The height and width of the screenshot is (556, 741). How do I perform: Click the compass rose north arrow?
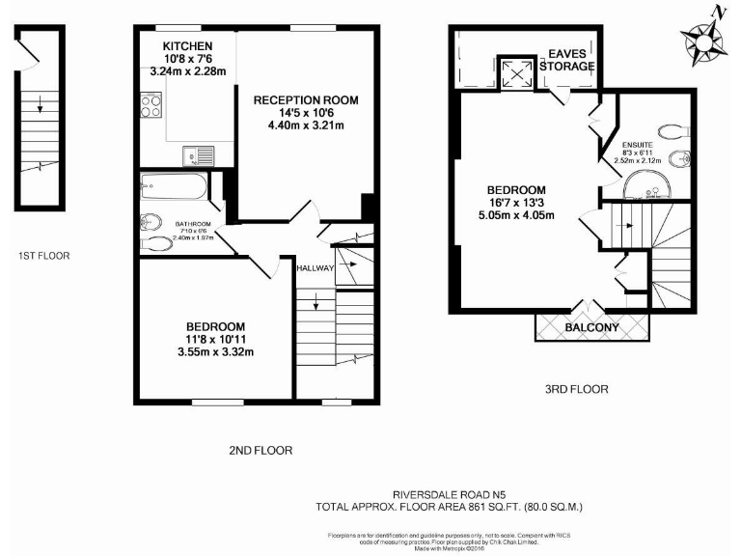pyautogui.click(x=701, y=42)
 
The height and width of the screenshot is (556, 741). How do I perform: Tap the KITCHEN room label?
pyautogui.click(x=188, y=46)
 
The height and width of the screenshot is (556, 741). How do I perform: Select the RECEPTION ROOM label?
pyautogui.click(x=306, y=99)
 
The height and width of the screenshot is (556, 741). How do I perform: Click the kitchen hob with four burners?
pyautogui.click(x=152, y=104)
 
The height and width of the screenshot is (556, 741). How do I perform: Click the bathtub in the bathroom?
pyautogui.click(x=173, y=185)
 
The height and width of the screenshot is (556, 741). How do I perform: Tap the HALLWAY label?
pyautogui.click(x=316, y=268)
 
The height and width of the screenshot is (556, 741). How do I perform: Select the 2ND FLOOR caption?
pyautogui.click(x=260, y=450)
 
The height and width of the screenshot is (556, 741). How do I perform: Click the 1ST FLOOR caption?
pyautogui.click(x=43, y=256)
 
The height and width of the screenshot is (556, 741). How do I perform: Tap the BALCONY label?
pyautogui.click(x=591, y=328)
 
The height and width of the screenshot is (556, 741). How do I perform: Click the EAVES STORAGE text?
pyautogui.click(x=571, y=60)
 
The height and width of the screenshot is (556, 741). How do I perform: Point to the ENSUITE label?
pyautogui.click(x=636, y=145)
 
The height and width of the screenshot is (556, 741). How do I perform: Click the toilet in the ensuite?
pyautogui.click(x=671, y=130)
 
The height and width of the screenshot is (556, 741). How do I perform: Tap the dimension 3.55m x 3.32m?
pyautogui.click(x=215, y=351)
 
